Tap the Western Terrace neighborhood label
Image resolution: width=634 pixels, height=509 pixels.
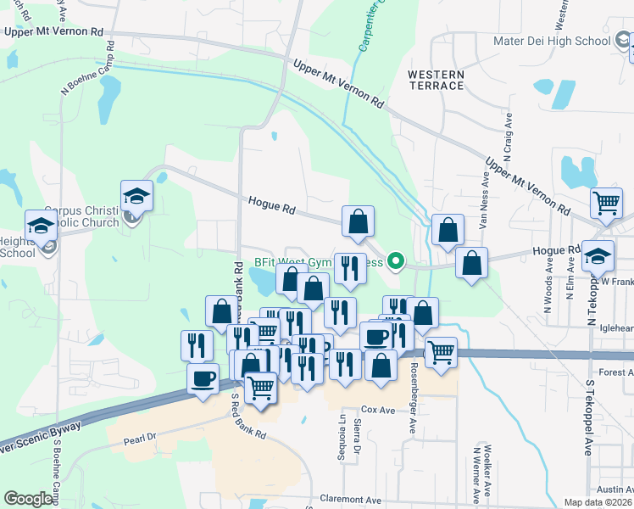[x=436, y=80]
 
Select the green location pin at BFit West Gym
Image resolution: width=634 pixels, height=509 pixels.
[x=395, y=261]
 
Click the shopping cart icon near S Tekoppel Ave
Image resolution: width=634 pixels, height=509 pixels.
[x=606, y=204]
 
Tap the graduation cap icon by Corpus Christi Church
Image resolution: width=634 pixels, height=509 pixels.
[x=136, y=197]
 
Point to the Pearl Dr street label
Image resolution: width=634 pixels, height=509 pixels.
[x=140, y=437]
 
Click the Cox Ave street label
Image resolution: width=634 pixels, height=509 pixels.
[x=378, y=410]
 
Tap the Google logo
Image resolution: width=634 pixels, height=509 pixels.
[x=28, y=499]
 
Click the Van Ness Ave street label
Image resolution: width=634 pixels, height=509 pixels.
[x=487, y=199]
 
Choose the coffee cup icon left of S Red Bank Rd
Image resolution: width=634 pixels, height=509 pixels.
[x=202, y=379]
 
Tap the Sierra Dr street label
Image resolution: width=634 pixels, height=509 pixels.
[x=358, y=432]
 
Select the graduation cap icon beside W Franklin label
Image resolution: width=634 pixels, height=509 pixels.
[x=598, y=256]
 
